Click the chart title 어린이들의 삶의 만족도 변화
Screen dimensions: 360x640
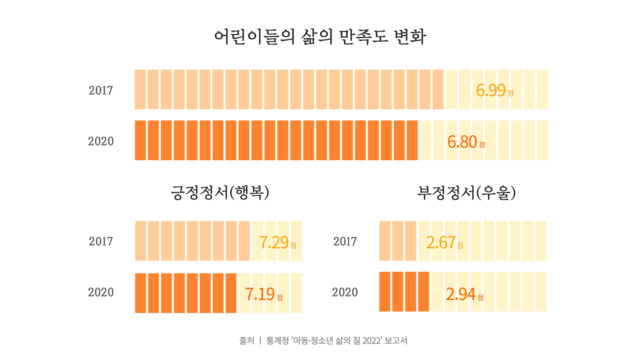pyautogui.click(x=320, y=37)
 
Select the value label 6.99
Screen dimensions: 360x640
pyautogui.click(x=491, y=90)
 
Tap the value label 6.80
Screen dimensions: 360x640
pyautogui.click(x=462, y=142)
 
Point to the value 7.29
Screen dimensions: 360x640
pyautogui.click(x=274, y=242)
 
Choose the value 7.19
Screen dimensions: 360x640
pyautogui.click(x=260, y=294)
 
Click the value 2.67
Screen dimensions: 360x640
pyautogui.click(x=441, y=242)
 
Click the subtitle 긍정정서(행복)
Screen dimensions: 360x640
pyautogui.click(x=220, y=192)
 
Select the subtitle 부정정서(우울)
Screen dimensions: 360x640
pyautogui.click(x=466, y=192)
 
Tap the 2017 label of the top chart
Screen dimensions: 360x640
pyautogui.click(x=101, y=90)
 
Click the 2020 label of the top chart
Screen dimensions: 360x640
pyautogui.click(x=101, y=141)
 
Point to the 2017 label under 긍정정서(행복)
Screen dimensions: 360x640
pyautogui.click(x=101, y=241)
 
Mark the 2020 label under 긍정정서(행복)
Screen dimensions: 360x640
pyautogui.click(x=101, y=292)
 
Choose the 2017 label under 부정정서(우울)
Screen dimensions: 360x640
pyautogui.click(x=345, y=241)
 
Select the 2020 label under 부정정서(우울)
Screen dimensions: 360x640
pyautogui.click(x=345, y=292)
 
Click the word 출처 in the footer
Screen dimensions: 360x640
pyautogui.click(x=246, y=341)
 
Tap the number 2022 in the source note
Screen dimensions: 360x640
pyautogui.click(x=372, y=341)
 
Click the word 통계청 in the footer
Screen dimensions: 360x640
pyautogui.click(x=277, y=341)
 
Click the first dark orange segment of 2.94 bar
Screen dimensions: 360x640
pyautogui.click(x=384, y=291)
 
